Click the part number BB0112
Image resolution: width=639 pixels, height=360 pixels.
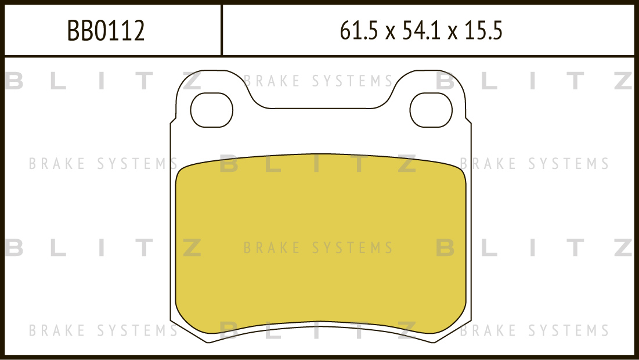pyautogui.click(x=106, y=31)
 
